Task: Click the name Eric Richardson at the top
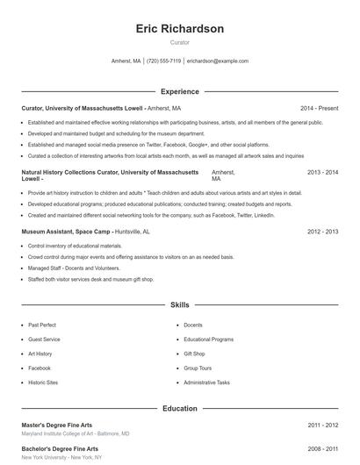(180, 29)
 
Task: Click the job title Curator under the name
(180, 42)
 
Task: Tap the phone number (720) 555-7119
(163, 61)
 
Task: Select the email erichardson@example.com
(218, 61)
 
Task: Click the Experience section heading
(180, 91)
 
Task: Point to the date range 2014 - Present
(319, 108)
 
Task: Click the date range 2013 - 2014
(322, 172)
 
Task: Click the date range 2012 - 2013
(322, 232)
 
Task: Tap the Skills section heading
(180, 305)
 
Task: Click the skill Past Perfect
(42, 325)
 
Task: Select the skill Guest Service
(44, 340)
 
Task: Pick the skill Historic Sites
(43, 383)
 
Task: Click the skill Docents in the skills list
(193, 325)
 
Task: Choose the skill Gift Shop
(194, 354)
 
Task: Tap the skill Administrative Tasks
(206, 383)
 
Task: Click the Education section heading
(180, 408)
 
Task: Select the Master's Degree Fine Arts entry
(56, 425)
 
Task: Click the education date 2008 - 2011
(322, 448)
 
